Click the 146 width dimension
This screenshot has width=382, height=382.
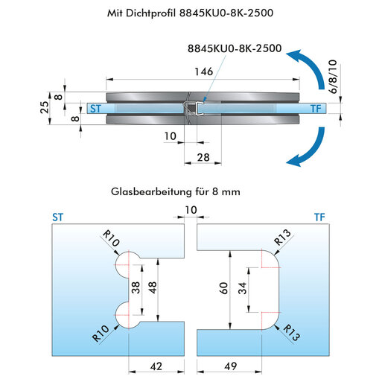(x=203, y=71)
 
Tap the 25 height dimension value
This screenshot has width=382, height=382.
(x=45, y=107)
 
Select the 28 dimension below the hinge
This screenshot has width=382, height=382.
(x=203, y=157)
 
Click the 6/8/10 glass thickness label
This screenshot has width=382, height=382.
(x=333, y=77)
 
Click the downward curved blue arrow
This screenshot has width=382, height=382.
(x=311, y=150)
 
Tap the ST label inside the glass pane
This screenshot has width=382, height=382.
(x=95, y=109)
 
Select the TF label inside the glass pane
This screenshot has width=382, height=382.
(x=316, y=109)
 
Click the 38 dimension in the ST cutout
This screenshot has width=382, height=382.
(x=136, y=287)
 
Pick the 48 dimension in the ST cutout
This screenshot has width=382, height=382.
(x=153, y=287)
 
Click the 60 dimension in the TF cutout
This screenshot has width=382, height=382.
(x=223, y=288)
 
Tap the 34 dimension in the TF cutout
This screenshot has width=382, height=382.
(x=243, y=288)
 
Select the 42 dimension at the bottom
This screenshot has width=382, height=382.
(x=156, y=366)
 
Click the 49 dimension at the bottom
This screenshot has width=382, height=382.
(x=230, y=366)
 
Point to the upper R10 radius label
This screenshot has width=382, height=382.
(x=111, y=238)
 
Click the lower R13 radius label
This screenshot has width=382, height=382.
(x=292, y=333)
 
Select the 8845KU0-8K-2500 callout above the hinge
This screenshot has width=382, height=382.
(x=235, y=48)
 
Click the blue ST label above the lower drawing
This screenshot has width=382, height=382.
(x=58, y=217)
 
